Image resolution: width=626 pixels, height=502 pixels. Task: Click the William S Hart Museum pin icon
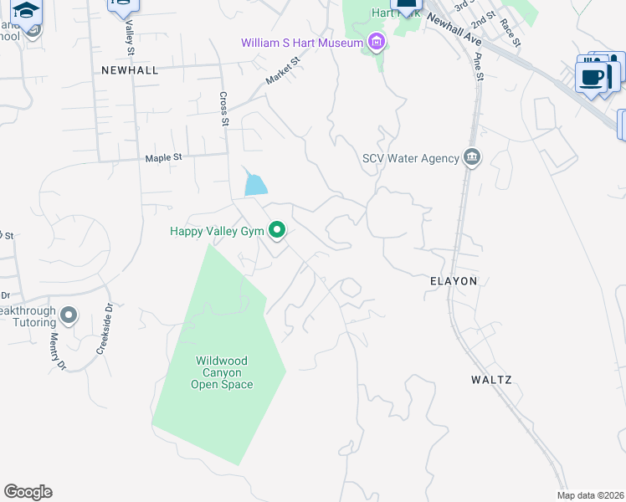pos(377,42)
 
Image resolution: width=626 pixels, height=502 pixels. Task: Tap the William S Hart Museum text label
pos(302,43)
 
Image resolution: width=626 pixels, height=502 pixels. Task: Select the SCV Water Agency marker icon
pos(471,157)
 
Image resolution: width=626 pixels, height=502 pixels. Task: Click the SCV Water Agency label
pos(410,158)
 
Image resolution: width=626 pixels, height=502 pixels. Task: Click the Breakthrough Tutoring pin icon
pos(69,315)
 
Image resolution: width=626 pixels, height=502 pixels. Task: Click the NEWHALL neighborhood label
pos(130,70)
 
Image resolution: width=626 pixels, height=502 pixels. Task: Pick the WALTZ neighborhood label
pos(490,380)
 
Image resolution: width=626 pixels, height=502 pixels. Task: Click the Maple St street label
pos(163,157)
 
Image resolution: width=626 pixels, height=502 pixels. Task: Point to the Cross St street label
pos(224,110)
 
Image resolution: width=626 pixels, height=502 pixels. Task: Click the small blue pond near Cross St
pos(255,184)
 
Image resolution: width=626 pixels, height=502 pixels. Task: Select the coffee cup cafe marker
pos(593,78)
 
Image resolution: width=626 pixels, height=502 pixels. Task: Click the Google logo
pos(28,492)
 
